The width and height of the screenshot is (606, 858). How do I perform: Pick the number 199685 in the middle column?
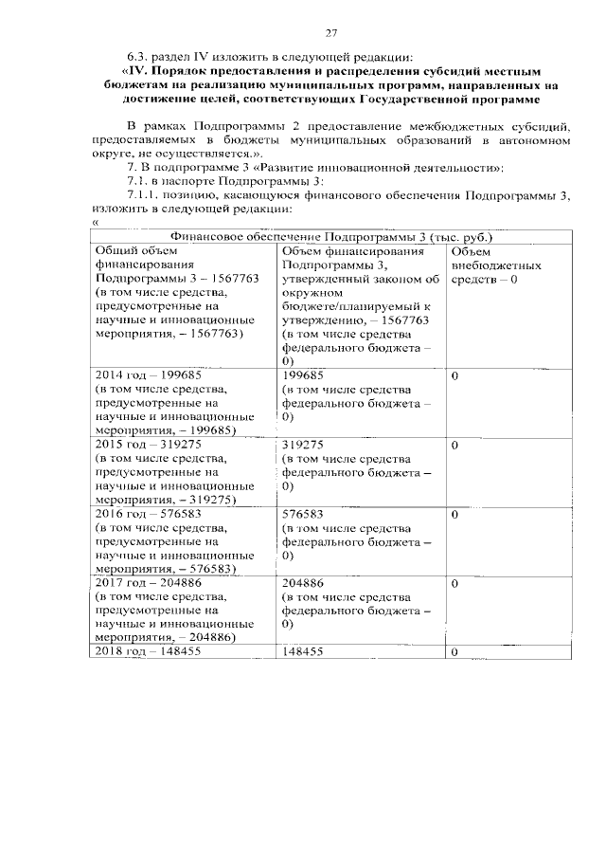(x=304, y=375)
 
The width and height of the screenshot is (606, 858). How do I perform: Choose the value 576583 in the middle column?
(x=304, y=514)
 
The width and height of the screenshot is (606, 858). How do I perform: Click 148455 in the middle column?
(x=304, y=652)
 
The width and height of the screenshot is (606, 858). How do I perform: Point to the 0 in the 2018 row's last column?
(x=454, y=652)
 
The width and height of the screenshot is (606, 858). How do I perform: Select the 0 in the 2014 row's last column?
(x=454, y=376)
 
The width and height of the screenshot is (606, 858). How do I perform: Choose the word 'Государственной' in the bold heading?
(x=408, y=99)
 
